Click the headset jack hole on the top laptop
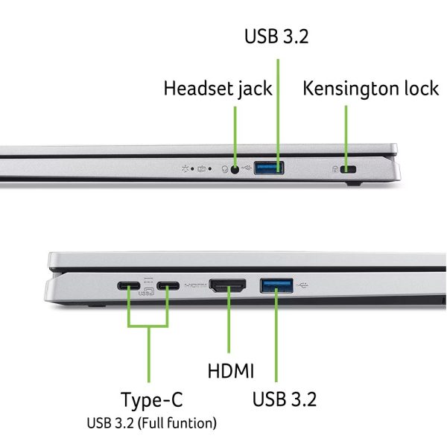pos(235,170)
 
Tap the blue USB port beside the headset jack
pos(268,168)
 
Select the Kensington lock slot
pos(348,169)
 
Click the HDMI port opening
pos(227,285)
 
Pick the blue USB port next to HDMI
pos(276,285)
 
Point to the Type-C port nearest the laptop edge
pos(129,285)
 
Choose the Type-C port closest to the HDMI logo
pos(168,285)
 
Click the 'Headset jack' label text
pos(218,89)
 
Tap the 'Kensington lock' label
pos(370,88)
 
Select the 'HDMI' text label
pos(231,371)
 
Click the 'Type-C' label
pos(152,400)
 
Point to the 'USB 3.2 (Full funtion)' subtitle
pos(152,423)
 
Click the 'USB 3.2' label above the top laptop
pos(276,37)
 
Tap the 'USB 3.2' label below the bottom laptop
pos(285,399)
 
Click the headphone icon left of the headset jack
pos(225,169)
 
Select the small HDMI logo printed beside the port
pos(195,285)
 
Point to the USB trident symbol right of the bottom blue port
pos(302,285)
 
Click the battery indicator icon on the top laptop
pos(202,169)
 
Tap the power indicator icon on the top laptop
pos(186,169)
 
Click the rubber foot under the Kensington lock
pos(354,184)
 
